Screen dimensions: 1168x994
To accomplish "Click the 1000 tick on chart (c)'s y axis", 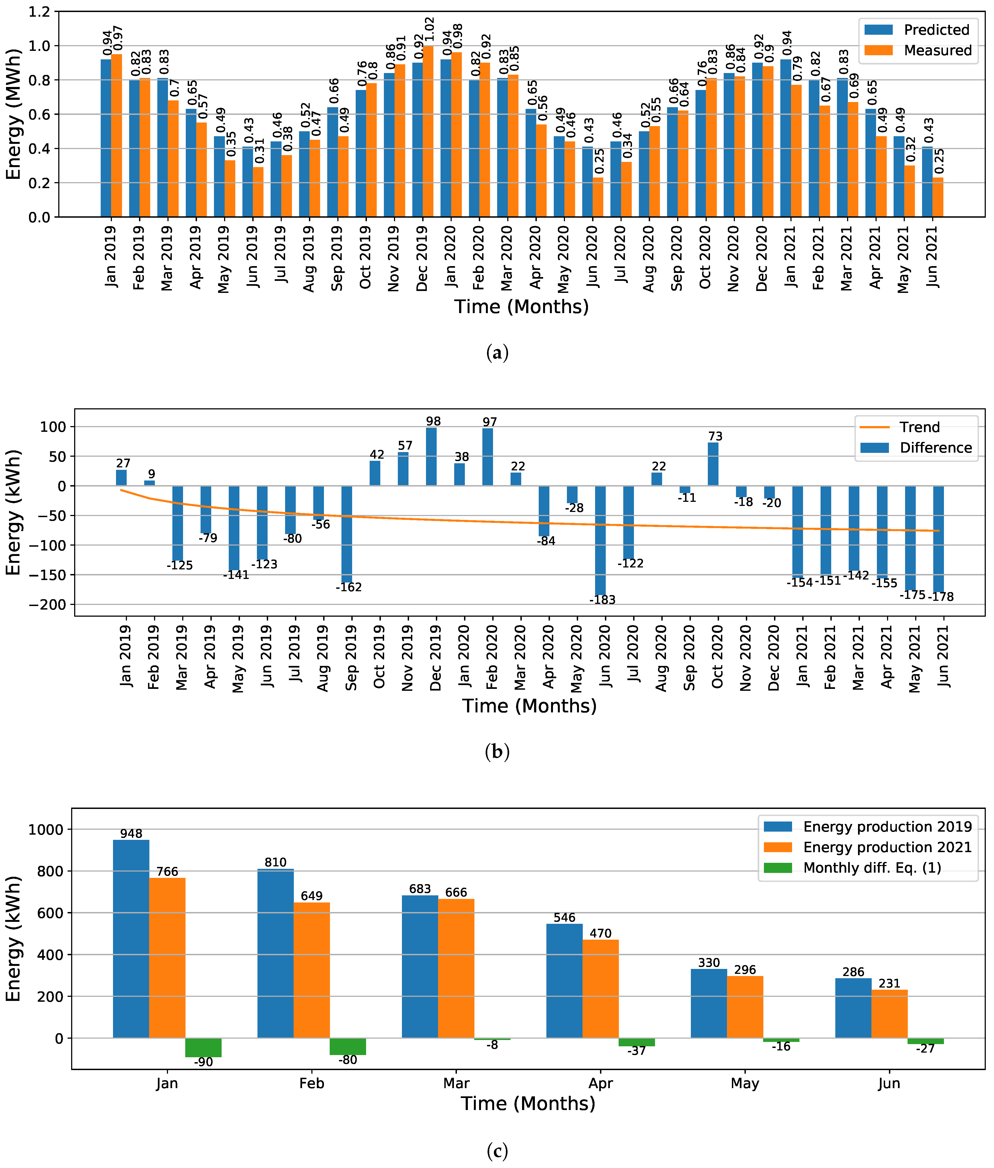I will tap(46, 829).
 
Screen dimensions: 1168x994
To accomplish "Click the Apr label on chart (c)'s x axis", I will tap(601, 1083).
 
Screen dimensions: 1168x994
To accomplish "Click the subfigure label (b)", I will tap(497, 752).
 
